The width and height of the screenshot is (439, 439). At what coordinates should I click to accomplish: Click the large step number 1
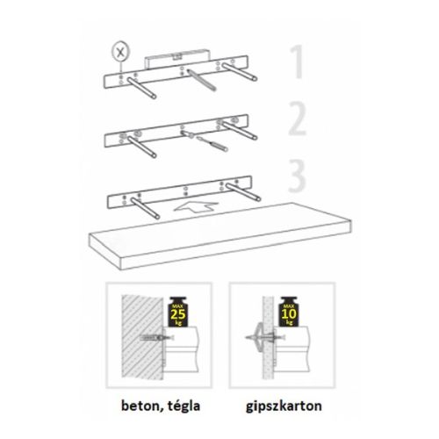point(297,61)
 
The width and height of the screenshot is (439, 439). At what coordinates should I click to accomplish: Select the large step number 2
point(297,119)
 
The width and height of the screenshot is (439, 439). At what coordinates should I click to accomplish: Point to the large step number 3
point(297,176)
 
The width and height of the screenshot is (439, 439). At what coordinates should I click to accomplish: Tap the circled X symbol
point(120,53)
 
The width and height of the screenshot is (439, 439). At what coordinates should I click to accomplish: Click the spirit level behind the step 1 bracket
point(177,59)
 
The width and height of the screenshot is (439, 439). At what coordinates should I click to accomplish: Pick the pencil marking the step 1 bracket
point(202,80)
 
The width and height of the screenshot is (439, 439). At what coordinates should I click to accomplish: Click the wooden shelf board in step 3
point(220,236)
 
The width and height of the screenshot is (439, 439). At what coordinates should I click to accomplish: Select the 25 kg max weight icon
point(178,312)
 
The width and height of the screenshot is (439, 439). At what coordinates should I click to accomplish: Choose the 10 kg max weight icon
point(289,312)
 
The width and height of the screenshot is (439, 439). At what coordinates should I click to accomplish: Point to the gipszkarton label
point(284,407)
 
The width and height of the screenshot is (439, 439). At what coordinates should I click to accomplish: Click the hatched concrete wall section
point(142,337)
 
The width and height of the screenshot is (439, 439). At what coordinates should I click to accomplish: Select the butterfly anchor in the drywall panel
point(261,338)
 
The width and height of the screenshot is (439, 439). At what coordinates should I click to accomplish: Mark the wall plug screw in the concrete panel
point(156,338)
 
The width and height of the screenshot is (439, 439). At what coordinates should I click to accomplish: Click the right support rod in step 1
point(239,72)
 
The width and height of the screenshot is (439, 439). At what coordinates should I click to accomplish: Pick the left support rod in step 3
point(145,208)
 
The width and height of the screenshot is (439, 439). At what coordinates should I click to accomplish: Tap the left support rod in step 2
point(142,147)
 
